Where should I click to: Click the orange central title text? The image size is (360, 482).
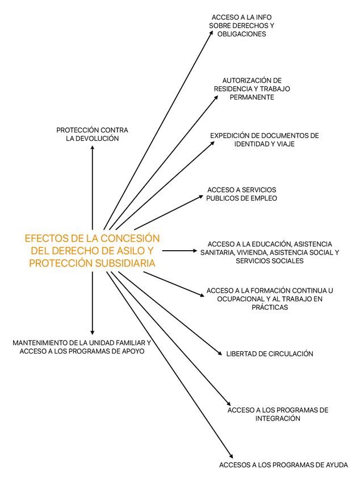point(93,250)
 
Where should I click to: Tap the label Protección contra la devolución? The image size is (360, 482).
point(92,134)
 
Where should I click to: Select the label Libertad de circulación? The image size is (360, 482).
point(270,354)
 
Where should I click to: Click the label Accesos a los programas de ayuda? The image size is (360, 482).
point(283,465)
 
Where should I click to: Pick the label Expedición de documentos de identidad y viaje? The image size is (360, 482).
point(264,140)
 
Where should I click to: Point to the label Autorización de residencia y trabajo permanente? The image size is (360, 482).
point(252,89)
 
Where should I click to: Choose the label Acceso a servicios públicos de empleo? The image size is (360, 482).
point(242,194)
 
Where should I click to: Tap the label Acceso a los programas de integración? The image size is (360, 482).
point(278,414)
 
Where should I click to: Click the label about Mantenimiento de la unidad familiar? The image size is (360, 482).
point(82,347)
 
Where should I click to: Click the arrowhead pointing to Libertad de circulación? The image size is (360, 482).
point(220,354)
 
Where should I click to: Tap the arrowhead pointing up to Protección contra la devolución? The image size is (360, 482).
point(92,148)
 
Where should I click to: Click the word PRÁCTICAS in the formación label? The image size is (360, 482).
point(270,308)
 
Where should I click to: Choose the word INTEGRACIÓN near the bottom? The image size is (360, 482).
point(278,418)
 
